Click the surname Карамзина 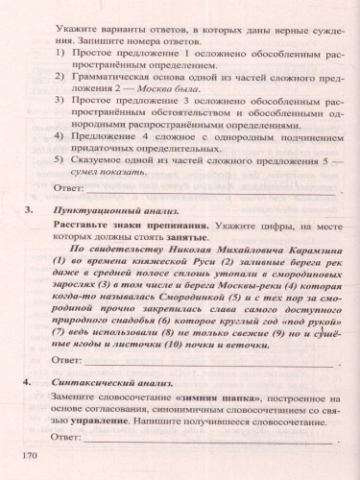coord(288,247)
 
